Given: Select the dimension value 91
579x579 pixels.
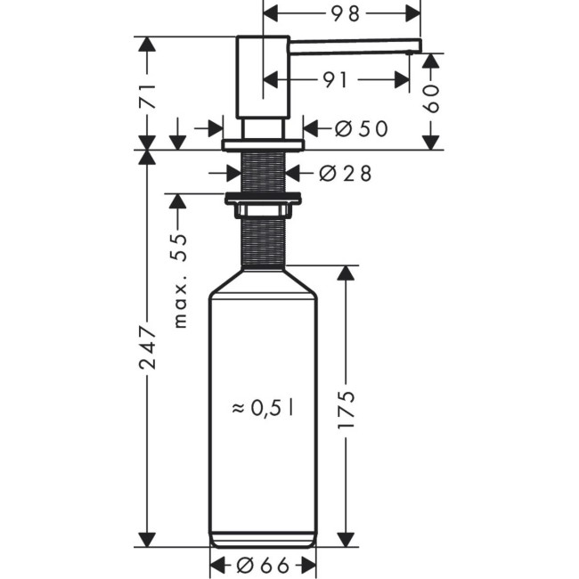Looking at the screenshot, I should coord(335,80).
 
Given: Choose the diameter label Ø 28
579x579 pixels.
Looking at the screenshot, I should coord(344,174).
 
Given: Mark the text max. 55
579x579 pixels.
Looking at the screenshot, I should coord(181,281).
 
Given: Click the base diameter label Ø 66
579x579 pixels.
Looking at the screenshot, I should coord(263,565).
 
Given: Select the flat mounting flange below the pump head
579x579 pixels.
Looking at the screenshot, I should coord(263,144).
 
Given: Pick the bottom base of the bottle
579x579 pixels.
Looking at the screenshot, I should coord(263,538).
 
